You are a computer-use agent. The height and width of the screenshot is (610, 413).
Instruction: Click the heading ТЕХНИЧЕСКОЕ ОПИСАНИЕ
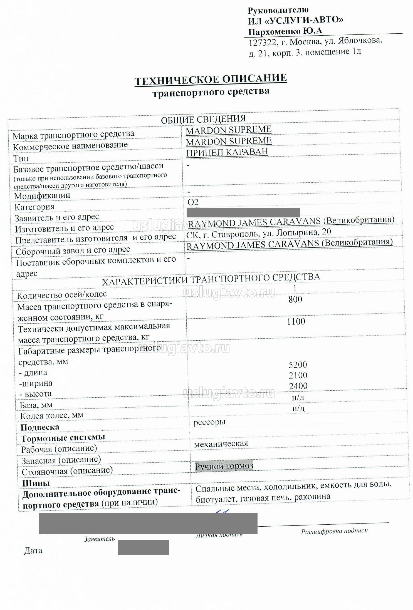211,80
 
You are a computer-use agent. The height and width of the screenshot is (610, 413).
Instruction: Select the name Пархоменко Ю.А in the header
285,31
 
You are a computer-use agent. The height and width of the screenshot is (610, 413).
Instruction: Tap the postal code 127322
263,43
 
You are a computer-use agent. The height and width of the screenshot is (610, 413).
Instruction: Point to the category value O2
193,202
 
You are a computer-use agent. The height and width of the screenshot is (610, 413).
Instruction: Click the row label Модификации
42,196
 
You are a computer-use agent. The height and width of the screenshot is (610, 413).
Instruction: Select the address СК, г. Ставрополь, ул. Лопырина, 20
258,233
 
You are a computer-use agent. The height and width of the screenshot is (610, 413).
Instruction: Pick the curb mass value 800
295,299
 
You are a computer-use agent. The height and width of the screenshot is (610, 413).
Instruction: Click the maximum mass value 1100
296,321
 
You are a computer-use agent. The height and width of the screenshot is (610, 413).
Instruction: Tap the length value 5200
298,364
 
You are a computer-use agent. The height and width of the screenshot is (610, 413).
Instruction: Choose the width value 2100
298,375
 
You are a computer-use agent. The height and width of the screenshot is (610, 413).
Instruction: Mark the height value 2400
298,386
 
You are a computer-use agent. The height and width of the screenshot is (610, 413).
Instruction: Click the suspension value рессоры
209,422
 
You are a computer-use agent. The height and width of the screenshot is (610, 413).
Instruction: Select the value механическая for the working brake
221,444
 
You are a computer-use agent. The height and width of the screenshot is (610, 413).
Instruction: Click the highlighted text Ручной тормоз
224,466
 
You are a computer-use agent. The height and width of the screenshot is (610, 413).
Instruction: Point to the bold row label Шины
36,483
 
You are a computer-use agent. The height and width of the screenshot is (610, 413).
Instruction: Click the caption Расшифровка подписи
334,531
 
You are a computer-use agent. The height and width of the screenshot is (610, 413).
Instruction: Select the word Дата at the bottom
33,551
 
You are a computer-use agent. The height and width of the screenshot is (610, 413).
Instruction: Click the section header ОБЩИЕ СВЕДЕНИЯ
203,119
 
